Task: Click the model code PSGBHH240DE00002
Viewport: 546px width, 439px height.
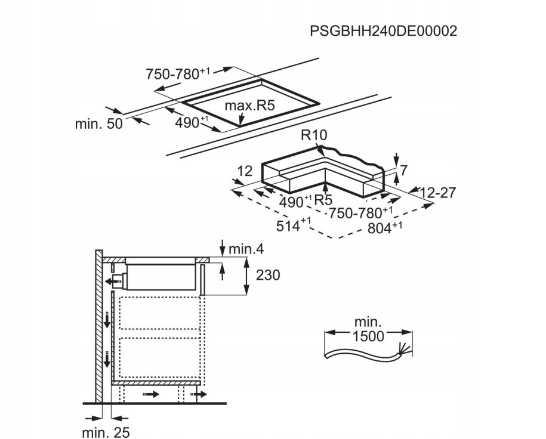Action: pyautogui.click(x=383, y=31)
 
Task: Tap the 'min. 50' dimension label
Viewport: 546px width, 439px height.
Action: pyautogui.click(x=98, y=124)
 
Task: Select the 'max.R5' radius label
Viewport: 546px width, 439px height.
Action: pyautogui.click(x=249, y=107)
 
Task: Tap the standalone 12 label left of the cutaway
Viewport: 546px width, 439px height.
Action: pyautogui.click(x=245, y=172)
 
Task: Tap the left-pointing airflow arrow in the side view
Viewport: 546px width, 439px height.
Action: pyautogui.click(x=110, y=280)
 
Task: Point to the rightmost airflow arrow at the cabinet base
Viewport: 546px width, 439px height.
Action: pyautogui.click(x=200, y=394)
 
